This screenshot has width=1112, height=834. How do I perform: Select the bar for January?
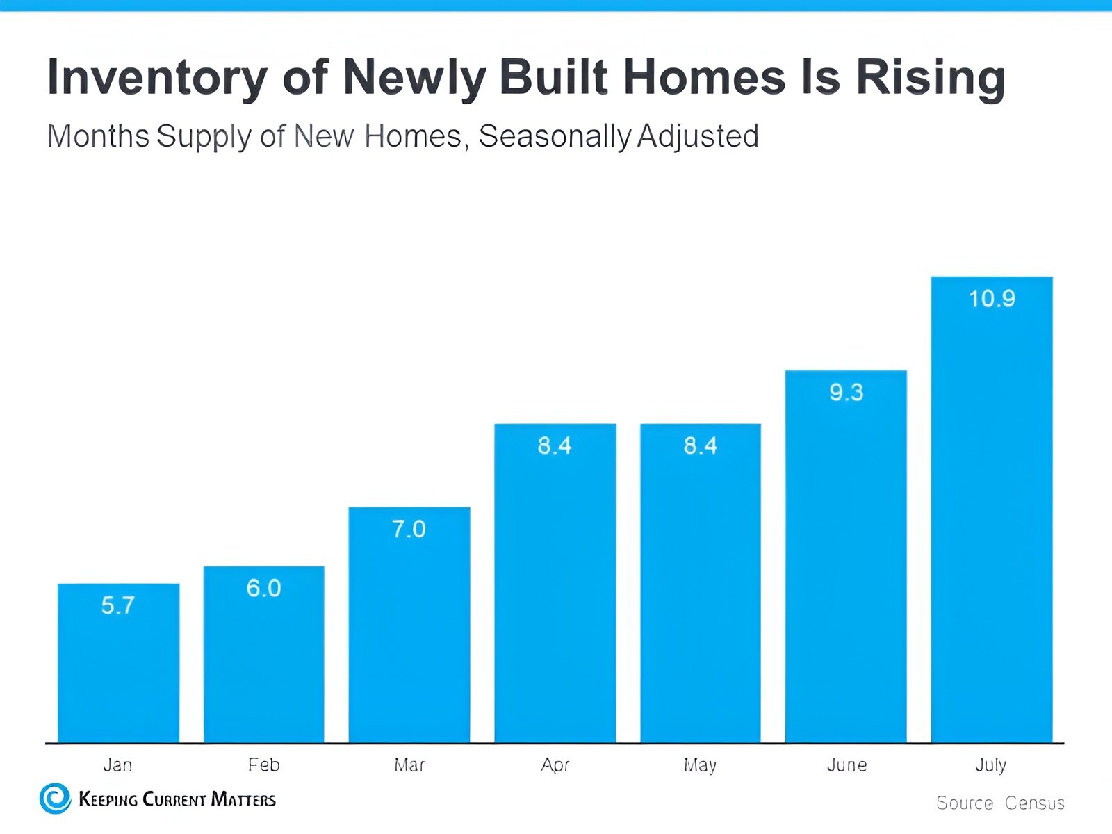tap(118, 664)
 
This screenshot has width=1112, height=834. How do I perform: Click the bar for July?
tap(992, 511)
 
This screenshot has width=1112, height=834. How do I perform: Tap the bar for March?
tap(409, 625)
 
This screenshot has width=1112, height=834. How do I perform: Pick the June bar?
tap(846, 556)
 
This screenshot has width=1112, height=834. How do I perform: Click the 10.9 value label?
tap(992, 299)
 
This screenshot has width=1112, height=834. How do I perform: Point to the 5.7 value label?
tap(118, 605)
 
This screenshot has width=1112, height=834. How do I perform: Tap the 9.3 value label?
tap(846, 393)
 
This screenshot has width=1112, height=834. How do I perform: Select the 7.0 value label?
tap(409, 530)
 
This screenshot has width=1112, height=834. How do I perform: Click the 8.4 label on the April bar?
tap(555, 445)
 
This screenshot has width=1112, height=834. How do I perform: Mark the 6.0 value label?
tap(264, 589)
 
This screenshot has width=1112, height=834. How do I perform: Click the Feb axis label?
tap(264, 765)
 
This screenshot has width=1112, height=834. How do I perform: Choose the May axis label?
tap(700, 765)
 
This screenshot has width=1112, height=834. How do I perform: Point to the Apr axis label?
tap(555, 765)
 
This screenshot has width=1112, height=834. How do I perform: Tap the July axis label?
tap(990, 765)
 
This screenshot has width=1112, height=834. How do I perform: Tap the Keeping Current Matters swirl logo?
tap(56, 799)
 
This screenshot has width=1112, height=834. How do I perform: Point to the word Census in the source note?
tap(1034, 803)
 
